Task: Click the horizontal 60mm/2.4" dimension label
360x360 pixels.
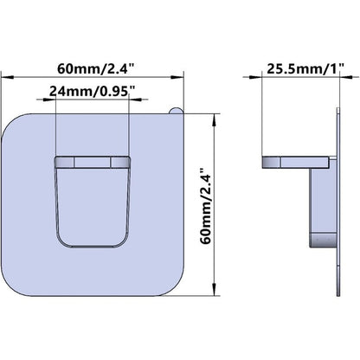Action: click(96, 69)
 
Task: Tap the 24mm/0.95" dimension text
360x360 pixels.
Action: click(92, 92)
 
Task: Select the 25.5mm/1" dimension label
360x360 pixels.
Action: click(305, 69)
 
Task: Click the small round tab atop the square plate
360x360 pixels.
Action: click(176, 111)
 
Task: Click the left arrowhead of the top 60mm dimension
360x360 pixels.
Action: click(8, 77)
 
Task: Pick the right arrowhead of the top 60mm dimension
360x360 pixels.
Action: click(177, 77)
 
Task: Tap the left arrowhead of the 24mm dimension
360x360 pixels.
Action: click(48, 100)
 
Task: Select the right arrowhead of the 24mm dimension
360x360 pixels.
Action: click(135, 100)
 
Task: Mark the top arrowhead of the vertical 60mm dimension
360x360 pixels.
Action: click(214, 120)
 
